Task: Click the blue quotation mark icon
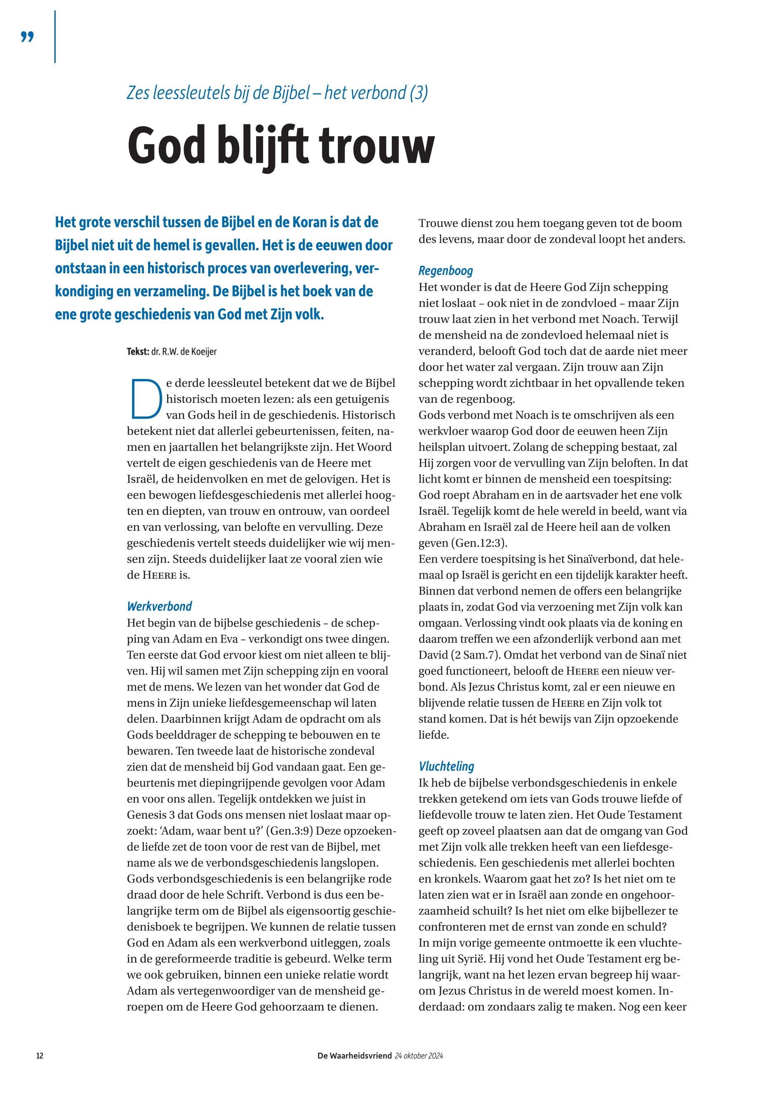28,37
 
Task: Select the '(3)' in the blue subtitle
419,92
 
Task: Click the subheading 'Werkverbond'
159,606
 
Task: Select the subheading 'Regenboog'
446,271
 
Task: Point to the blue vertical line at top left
55,37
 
